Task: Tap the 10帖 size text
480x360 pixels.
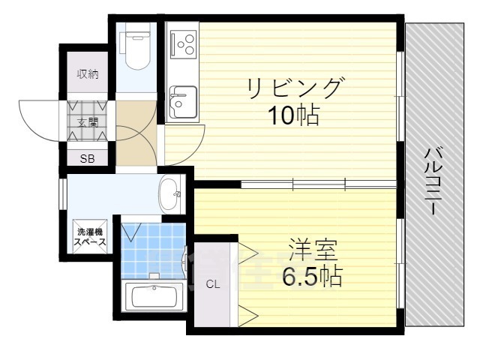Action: click(x=295, y=117)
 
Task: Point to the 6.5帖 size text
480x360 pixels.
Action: click(x=311, y=277)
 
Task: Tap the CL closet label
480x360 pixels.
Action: click(x=213, y=284)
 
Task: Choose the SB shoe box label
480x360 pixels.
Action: click(x=88, y=158)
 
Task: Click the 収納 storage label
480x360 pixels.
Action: click(x=88, y=74)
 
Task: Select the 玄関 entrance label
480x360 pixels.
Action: click(x=88, y=121)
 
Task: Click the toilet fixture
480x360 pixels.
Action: click(x=136, y=46)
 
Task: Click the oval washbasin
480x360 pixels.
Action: click(x=170, y=194)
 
